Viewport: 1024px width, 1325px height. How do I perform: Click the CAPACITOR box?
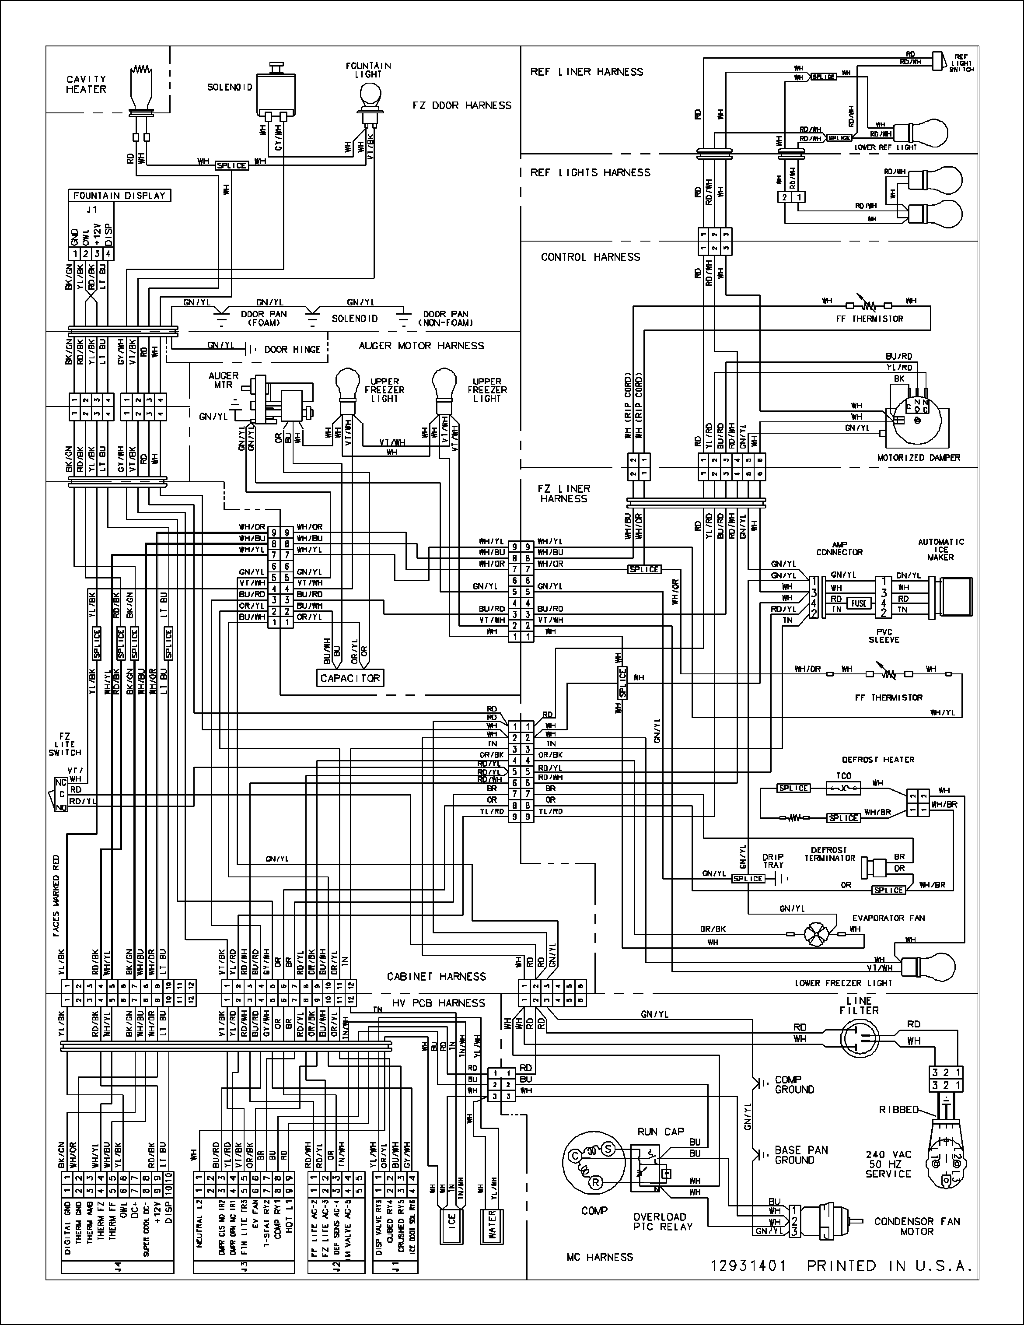[350, 678]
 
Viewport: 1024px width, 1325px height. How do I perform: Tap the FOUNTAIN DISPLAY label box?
[119, 195]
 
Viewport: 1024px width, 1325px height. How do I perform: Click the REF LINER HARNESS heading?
[586, 72]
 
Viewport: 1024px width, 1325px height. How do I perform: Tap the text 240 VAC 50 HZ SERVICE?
[888, 1164]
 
